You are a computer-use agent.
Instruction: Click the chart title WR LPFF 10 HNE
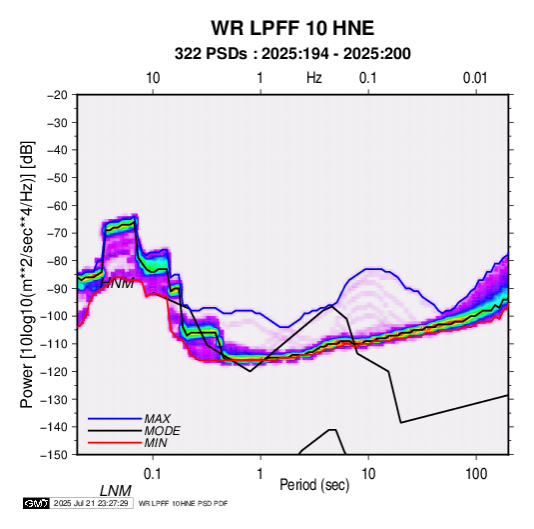[292, 28]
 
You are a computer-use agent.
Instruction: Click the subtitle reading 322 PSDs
[211, 54]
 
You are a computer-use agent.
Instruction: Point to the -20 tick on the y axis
[57, 95]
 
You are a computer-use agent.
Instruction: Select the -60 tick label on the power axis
[57, 205]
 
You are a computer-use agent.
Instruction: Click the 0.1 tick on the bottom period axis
[153, 474]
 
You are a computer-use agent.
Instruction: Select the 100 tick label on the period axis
[476, 474]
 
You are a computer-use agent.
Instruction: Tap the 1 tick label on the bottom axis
[261, 474]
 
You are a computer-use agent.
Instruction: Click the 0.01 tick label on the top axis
[475, 78]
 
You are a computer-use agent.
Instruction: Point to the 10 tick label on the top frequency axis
[153, 78]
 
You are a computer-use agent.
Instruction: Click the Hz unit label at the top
[314, 78]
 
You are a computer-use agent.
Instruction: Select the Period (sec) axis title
[314, 485]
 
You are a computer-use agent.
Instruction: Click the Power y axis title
[27, 274]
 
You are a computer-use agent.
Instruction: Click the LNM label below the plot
[115, 491]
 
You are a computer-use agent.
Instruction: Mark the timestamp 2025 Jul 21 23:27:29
[91, 503]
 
